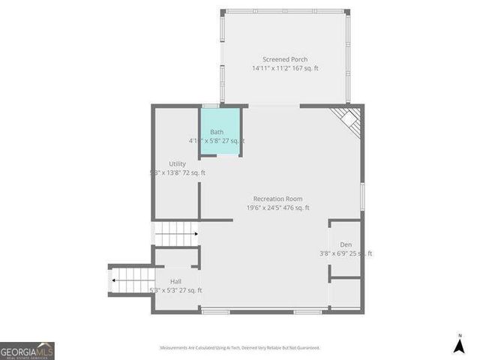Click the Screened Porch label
point(285,59)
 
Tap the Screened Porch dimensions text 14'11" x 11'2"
point(285,68)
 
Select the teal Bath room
point(220,131)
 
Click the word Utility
point(177,163)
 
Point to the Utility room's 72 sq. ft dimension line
point(177,172)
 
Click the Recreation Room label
point(277,199)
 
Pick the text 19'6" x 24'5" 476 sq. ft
point(277,208)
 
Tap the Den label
point(346,244)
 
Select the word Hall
point(175,281)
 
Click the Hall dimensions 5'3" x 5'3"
point(175,290)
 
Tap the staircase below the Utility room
point(175,234)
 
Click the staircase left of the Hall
point(132,280)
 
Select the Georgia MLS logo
point(27,350)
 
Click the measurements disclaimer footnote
point(240,348)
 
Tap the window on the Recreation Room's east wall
point(362,196)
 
